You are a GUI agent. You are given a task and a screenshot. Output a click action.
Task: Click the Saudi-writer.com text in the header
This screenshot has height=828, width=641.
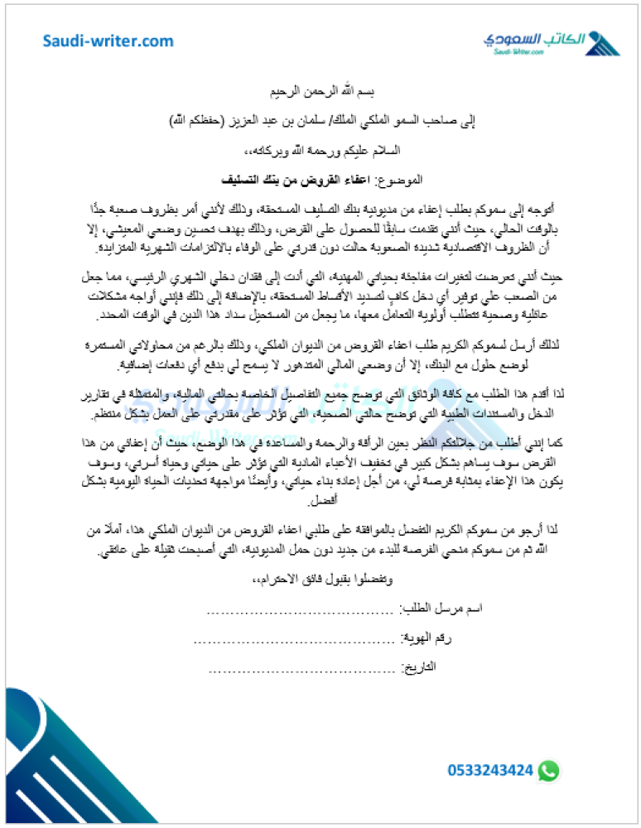point(108,41)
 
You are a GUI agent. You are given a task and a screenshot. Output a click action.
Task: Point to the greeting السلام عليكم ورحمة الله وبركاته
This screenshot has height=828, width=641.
point(320,150)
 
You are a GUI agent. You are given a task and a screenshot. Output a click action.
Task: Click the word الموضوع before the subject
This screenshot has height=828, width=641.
point(399,179)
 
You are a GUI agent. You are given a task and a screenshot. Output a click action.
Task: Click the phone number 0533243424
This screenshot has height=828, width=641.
point(490,770)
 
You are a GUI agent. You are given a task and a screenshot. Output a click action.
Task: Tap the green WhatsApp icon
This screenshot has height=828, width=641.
point(547,770)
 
